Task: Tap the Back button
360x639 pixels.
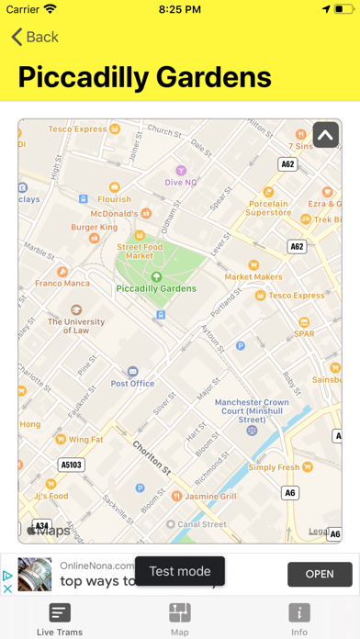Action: click(35, 37)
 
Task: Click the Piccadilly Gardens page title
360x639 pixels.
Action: click(145, 76)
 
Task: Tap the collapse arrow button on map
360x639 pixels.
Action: click(325, 135)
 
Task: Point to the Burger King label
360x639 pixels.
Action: click(95, 227)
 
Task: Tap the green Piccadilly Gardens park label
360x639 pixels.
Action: click(156, 287)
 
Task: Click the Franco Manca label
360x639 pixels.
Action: click(61, 285)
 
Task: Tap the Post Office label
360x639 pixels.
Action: click(132, 383)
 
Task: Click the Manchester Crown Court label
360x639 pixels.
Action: click(252, 411)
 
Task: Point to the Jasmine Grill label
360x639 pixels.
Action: click(212, 496)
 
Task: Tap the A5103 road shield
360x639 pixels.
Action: click(71, 465)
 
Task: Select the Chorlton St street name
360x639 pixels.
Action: click(152, 457)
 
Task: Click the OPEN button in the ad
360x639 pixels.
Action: click(319, 574)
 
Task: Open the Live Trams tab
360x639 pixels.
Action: click(60, 619)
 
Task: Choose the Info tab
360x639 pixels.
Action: click(299, 619)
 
